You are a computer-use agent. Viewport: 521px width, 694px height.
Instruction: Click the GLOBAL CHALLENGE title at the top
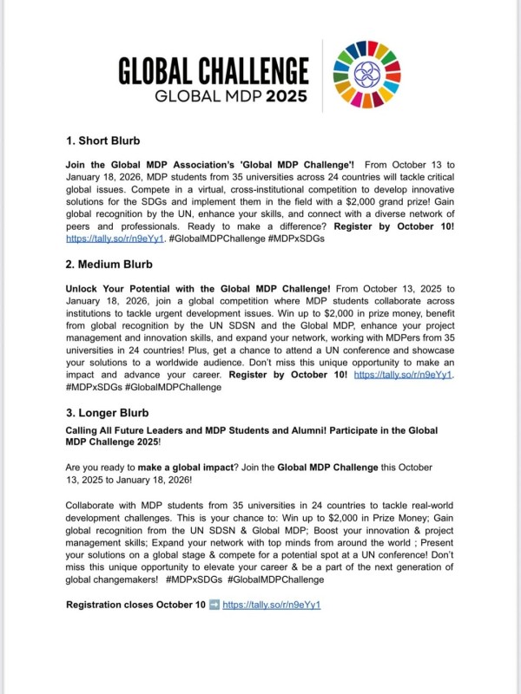213,69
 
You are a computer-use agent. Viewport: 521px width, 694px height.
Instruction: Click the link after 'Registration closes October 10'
272,605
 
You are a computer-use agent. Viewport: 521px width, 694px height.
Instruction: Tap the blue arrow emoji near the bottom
212,605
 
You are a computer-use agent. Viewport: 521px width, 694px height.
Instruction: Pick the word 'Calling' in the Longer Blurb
85,430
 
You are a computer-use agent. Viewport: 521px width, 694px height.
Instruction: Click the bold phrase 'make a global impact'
179,467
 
